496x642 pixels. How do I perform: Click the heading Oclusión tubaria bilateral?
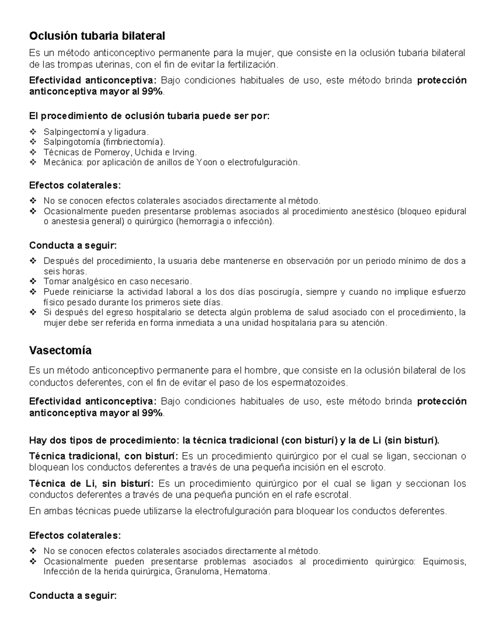(97, 36)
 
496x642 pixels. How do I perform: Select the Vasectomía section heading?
(60, 351)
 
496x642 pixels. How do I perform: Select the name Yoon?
(207, 162)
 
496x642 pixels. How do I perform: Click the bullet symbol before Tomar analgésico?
(33, 282)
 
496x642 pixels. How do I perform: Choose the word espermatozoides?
(309, 383)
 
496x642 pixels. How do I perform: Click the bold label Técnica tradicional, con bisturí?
(103, 456)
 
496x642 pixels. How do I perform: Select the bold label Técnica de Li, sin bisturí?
(91, 484)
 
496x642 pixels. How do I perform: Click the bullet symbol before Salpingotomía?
(33, 142)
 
